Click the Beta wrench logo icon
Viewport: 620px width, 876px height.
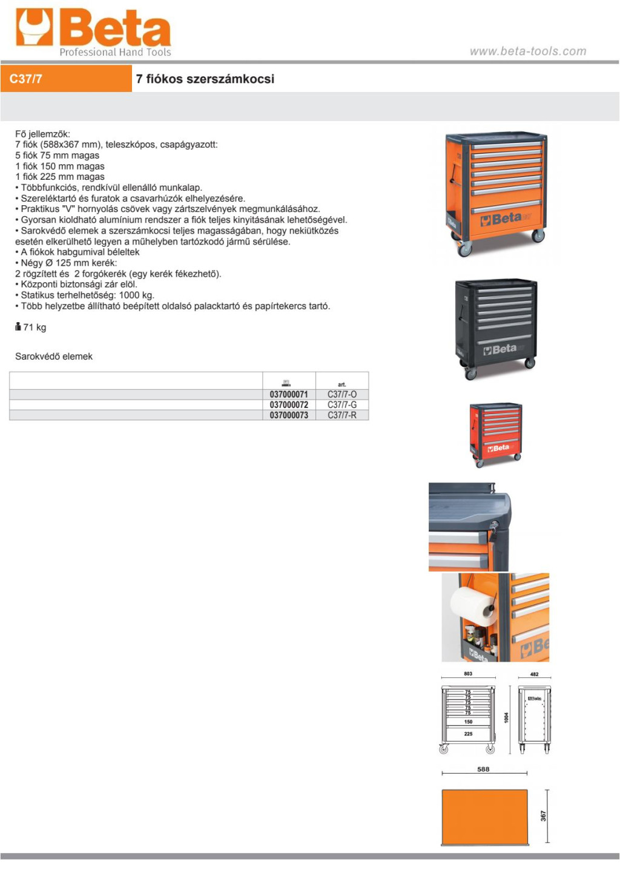click(x=35, y=27)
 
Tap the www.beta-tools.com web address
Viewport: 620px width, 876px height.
click(x=528, y=51)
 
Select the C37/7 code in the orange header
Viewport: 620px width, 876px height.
click(x=25, y=79)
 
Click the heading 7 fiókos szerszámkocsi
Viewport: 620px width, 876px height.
click(x=205, y=79)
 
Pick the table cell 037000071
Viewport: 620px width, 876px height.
click(x=289, y=394)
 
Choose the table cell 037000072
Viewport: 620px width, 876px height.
click(x=289, y=405)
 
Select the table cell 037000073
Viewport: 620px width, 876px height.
click(x=289, y=415)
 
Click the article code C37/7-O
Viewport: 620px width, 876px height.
click(x=342, y=394)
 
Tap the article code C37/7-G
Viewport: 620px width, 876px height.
click(x=342, y=405)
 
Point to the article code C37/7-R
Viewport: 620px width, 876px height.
click(x=342, y=415)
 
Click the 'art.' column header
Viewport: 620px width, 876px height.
click(x=342, y=384)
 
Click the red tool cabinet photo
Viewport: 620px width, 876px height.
click(x=496, y=435)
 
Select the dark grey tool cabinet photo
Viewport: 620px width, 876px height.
click(x=496, y=329)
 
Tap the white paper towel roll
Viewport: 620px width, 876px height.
click(x=473, y=607)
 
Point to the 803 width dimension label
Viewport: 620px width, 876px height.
click(x=468, y=674)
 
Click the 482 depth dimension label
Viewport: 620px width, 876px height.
click(x=535, y=674)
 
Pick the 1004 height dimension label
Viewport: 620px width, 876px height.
click(x=506, y=717)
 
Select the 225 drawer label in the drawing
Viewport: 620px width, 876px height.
click(x=468, y=734)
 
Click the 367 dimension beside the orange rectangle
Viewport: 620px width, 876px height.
click(x=543, y=816)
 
